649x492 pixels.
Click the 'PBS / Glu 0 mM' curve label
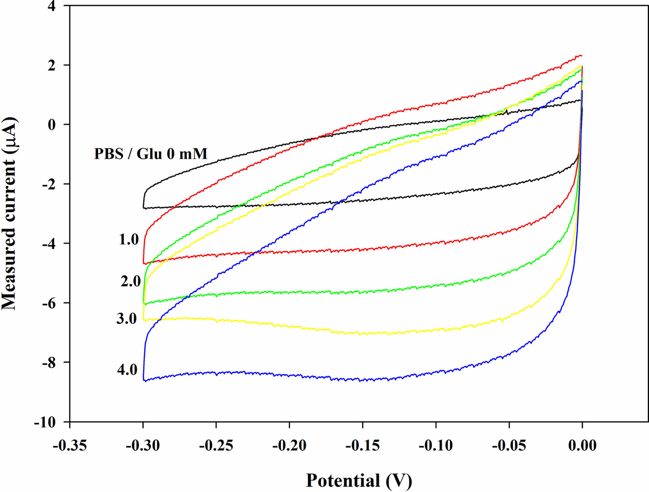151,154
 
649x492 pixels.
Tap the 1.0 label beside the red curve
129,239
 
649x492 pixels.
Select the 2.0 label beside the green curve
130,281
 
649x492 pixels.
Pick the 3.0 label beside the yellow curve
126,319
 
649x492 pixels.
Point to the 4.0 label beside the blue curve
127,370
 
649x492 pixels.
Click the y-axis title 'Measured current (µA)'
10,214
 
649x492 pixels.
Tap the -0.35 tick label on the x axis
70,446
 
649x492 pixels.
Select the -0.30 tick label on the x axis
143,446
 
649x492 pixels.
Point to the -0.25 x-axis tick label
216,446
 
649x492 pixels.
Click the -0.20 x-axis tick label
289,446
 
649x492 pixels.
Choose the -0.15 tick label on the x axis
362,446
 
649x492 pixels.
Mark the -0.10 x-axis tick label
436,446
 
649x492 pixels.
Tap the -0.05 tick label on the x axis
509,446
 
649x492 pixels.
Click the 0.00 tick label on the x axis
582,446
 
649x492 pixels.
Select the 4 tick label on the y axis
52,7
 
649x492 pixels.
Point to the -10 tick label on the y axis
45,422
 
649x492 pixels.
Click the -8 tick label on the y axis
48,363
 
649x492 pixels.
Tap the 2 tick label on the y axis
52,66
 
